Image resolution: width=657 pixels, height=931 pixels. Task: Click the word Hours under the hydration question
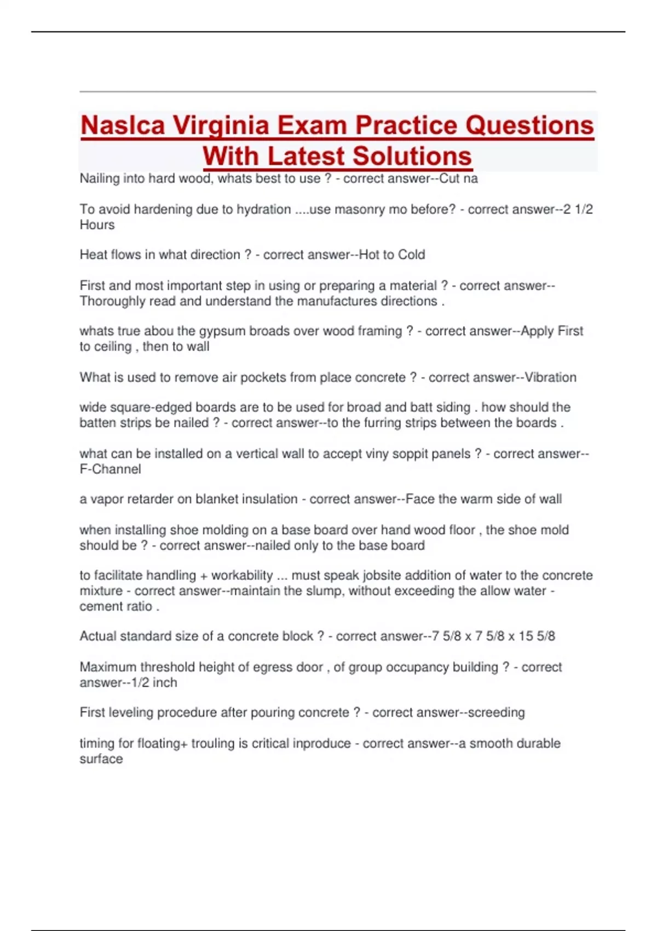[97, 225]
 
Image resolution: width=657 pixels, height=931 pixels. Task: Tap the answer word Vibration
[550, 378]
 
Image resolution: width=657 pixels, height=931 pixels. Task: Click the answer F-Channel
[110, 469]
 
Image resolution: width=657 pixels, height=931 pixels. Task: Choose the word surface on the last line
[101, 759]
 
